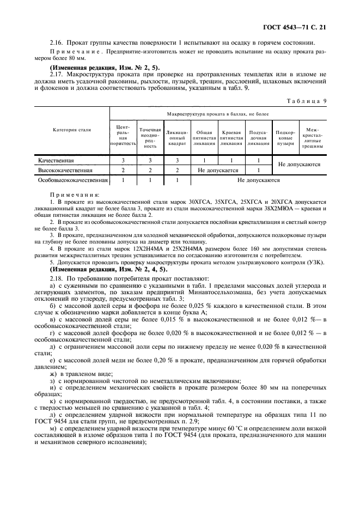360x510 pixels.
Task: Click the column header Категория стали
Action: coord(71,130)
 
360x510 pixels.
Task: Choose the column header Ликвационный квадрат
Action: coord(177,138)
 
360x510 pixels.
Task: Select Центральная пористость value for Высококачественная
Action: coord(123,171)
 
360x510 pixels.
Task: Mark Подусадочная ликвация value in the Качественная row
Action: coord(258,161)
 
